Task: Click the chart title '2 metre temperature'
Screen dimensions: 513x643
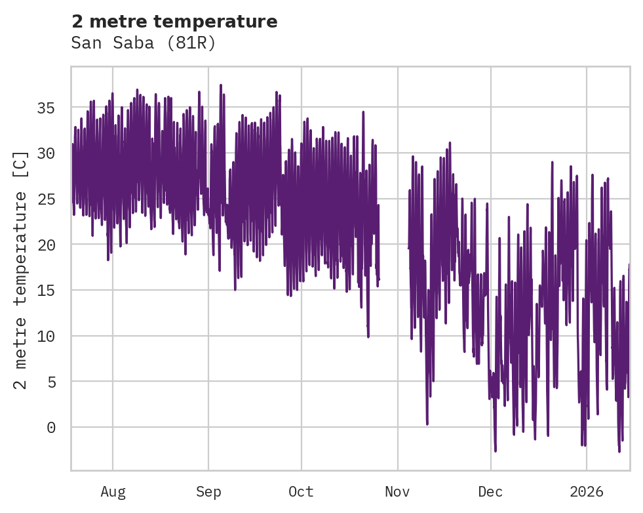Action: (174, 22)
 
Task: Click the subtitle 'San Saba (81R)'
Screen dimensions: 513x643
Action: (144, 43)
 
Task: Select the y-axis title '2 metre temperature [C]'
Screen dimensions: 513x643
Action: (21, 270)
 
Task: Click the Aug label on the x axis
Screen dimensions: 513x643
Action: (113, 492)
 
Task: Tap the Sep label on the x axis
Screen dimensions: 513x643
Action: (208, 492)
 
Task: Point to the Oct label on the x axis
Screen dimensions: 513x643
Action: (302, 492)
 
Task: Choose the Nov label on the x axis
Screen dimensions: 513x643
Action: (397, 492)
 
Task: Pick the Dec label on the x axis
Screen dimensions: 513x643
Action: (490, 492)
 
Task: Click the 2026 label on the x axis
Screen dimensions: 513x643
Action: (587, 492)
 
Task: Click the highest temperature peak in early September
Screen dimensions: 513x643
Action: (221, 85)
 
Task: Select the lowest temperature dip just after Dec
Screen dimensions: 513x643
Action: (496, 451)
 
